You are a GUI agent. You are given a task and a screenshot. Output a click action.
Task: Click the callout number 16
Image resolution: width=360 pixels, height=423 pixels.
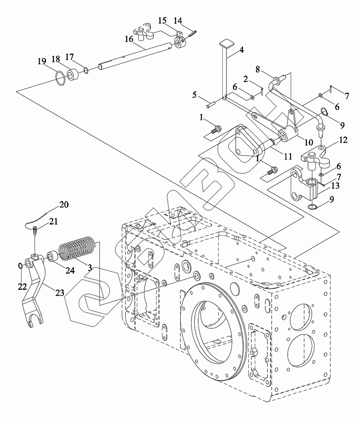click(129, 39)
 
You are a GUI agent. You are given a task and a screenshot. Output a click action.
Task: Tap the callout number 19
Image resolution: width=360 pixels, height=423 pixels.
click(42, 61)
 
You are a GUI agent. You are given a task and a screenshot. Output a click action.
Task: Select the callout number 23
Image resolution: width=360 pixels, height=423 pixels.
click(60, 292)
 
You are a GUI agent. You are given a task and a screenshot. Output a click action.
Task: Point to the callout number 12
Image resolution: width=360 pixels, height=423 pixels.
click(343, 140)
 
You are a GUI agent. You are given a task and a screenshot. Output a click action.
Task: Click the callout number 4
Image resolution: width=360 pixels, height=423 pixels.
click(241, 50)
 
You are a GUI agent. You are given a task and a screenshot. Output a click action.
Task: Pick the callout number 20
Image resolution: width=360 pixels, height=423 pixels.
click(64, 204)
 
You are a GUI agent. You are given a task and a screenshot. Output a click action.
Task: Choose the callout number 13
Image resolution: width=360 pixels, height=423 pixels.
click(335, 186)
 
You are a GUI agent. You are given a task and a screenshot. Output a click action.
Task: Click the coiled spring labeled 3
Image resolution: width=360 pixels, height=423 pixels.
click(77, 247)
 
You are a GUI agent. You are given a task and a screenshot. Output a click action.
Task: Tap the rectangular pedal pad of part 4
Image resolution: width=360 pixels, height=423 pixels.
click(225, 43)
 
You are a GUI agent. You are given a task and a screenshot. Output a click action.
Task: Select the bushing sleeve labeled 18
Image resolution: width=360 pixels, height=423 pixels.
click(72, 74)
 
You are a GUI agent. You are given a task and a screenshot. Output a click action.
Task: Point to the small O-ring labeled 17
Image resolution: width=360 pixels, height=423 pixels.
click(86, 70)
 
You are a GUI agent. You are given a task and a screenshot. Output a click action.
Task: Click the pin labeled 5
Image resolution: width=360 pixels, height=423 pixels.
click(212, 104)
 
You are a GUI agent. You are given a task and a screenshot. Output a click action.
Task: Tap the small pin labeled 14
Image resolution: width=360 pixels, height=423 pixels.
click(193, 34)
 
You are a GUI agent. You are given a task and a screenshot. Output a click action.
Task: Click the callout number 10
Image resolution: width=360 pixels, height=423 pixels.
click(308, 142)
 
